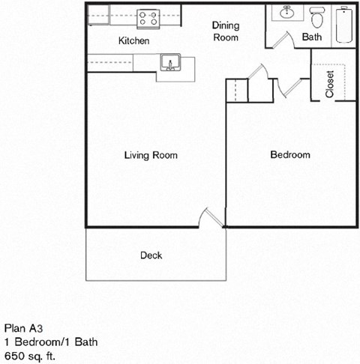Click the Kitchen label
(x=134, y=40)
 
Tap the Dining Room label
(x=225, y=31)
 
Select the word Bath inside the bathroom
(x=311, y=37)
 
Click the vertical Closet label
(x=329, y=84)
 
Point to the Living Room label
(x=151, y=156)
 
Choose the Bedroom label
(x=289, y=155)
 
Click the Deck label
(x=151, y=255)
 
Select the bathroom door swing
(x=278, y=39)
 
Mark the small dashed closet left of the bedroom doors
(x=236, y=90)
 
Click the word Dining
(x=225, y=25)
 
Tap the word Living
(x=136, y=156)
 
